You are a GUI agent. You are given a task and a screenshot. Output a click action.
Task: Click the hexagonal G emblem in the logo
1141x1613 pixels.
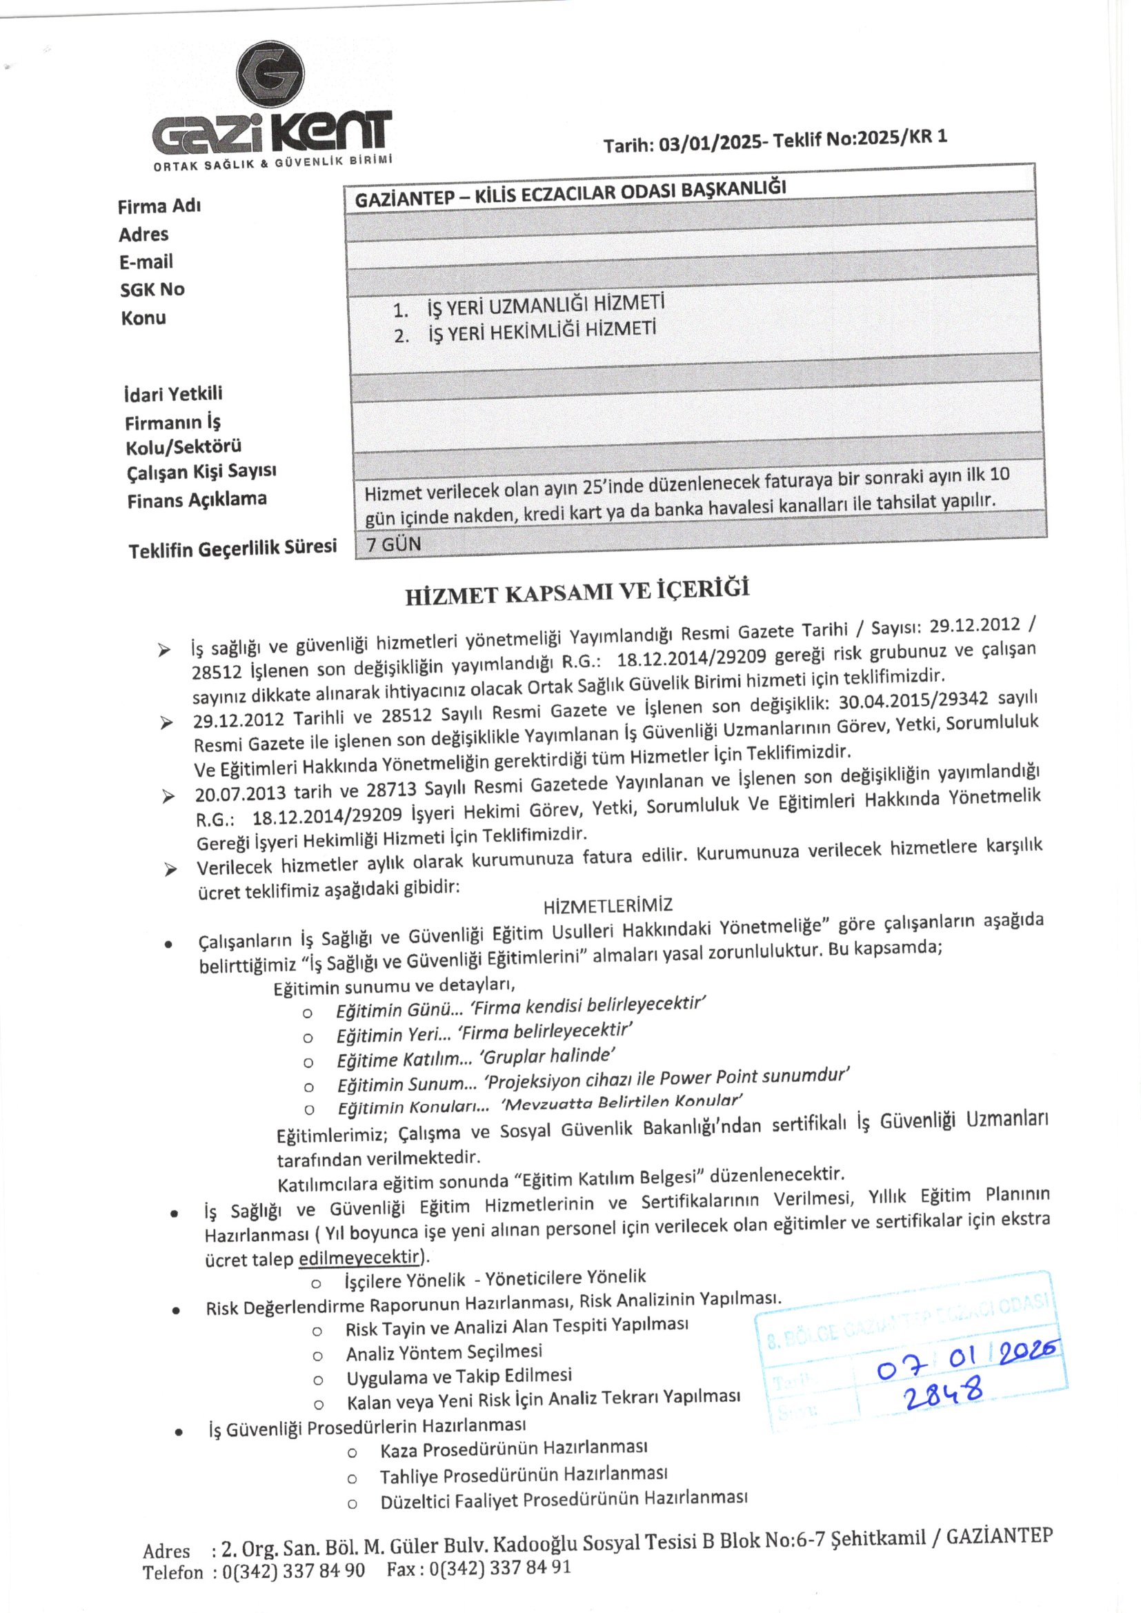[270, 75]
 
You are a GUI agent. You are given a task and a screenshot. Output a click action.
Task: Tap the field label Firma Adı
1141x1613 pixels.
[159, 206]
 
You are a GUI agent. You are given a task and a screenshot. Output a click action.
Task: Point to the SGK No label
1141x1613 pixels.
[152, 290]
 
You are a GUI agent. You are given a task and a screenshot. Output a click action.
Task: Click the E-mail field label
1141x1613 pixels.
[146, 262]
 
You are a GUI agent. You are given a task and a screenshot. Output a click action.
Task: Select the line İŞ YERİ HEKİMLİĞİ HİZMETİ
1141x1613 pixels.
[542, 330]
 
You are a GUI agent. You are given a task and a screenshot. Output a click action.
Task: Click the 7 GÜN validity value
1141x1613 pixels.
[393, 544]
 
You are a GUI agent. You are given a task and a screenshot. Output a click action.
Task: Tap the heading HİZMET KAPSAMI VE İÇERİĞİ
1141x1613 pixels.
[577, 591]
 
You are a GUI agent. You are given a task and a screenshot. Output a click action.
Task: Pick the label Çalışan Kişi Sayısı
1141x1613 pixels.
[201, 471]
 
